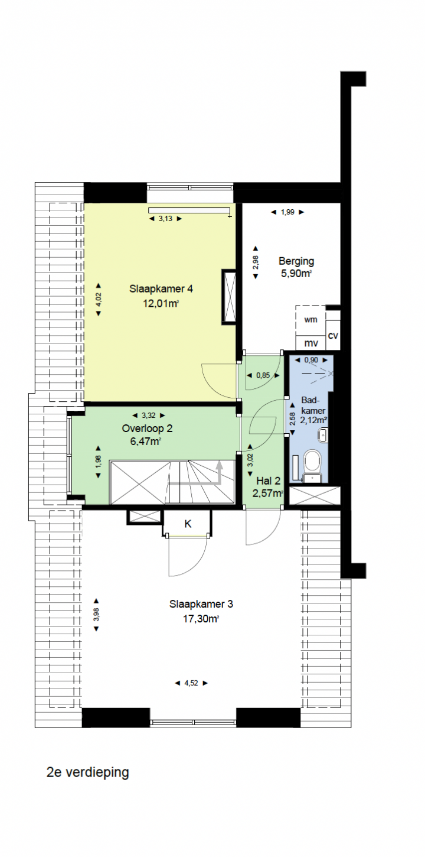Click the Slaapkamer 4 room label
tap(161, 289)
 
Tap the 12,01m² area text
tap(161, 303)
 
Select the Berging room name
tap(296, 262)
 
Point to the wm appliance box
tap(310, 320)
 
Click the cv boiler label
tap(333, 336)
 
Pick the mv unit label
tap(310, 343)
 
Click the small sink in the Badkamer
tap(323, 436)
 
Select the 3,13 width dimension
tap(165, 219)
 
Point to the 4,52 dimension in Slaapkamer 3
tap(191, 683)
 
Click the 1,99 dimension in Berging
tap(287, 212)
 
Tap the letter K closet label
tap(188, 524)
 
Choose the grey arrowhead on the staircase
tap(220, 465)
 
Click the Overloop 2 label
tap(147, 428)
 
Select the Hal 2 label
tap(269, 481)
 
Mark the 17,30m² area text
tap(201, 619)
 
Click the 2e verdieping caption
tap(88, 772)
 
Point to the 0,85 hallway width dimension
tap(263, 375)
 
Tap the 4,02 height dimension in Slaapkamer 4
tap(99, 300)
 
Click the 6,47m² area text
tap(145, 442)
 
